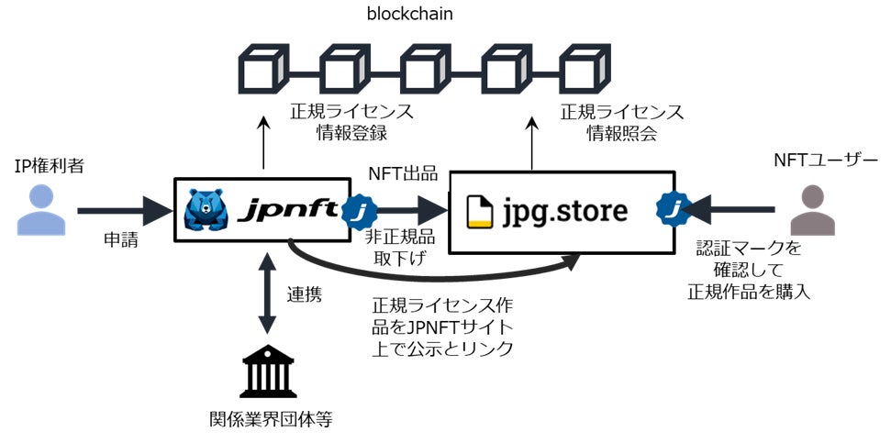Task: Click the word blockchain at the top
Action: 409,15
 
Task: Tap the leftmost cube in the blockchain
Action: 264,69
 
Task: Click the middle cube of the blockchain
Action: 426,69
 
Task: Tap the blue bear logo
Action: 206,210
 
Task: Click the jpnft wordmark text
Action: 281,209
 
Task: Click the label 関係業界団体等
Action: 268,421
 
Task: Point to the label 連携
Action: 305,296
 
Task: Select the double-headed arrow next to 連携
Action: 268,293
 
